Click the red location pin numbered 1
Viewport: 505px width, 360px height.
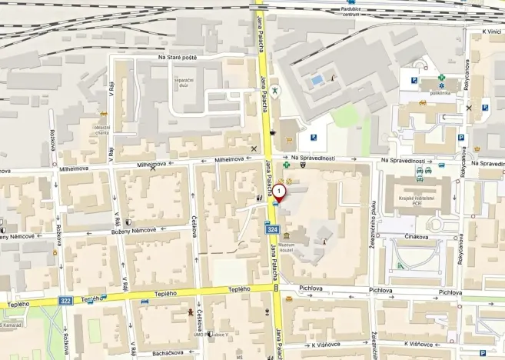pyautogui.click(x=279, y=191)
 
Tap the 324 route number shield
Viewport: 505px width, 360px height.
pyautogui.click(x=272, y=229)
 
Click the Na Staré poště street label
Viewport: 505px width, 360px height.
pyautogui.click(x=178, y=57)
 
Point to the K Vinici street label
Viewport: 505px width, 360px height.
pyautogui.click(x=491, y=32)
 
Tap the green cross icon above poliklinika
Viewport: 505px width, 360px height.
pyautogui.click(x=441, y=78)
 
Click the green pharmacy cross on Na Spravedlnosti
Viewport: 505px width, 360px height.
pyautogui.click(x=286, y=165)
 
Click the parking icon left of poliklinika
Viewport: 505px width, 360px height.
pyautogui.click(x=414, y=80)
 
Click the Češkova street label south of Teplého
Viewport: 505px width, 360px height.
pyautogui.click(x=198, y=318)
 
